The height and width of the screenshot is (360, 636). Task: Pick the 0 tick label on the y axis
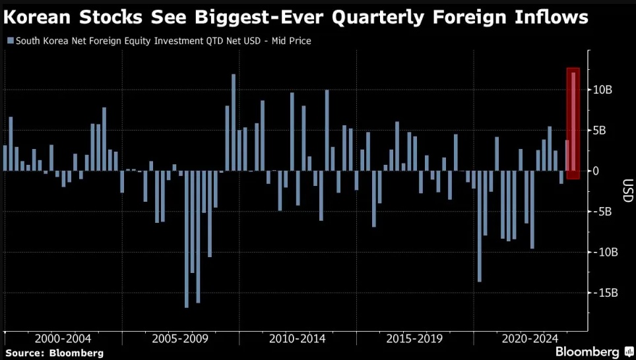pos(594,171)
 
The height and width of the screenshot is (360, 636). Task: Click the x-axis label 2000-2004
pos(63,338)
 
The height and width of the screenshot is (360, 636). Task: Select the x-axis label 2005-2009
pos(180,338)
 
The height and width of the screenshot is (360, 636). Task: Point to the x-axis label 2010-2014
pos(297,338)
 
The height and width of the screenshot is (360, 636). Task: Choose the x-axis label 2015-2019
pos(414,338)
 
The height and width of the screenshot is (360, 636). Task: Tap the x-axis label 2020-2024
pos(531,338)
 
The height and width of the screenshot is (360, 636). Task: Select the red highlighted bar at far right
pos(573,123)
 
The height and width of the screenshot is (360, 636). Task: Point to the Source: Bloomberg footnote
pos(54,353)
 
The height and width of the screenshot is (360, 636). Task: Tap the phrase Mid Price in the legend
pos(291,41)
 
